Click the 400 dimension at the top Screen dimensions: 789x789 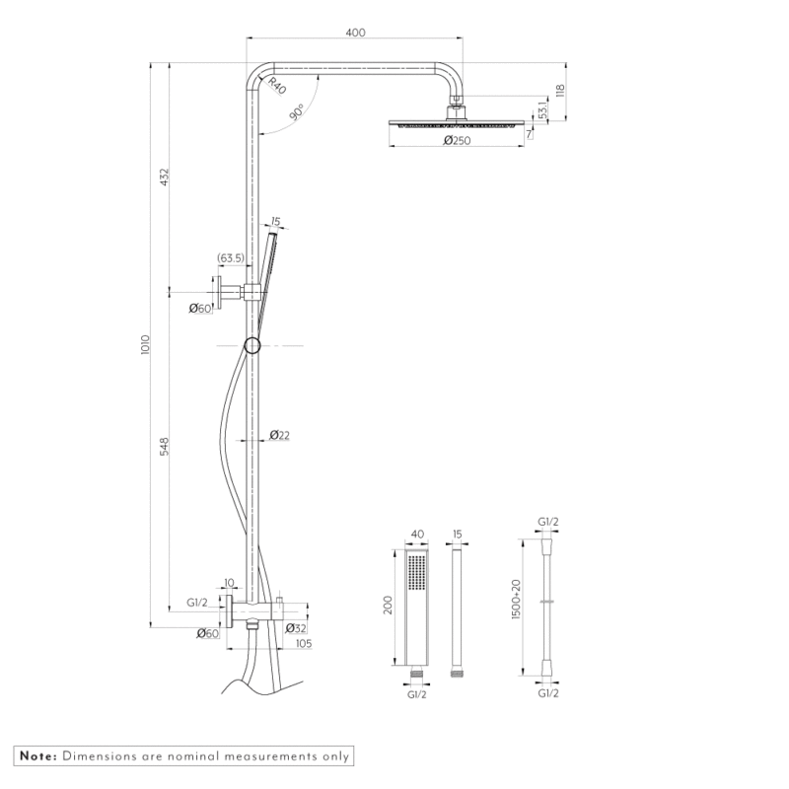pos(356,33)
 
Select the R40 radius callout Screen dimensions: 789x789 pos(275,86)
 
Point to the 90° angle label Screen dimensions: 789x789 pos(297,113)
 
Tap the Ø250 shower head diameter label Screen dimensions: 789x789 pos(456,141)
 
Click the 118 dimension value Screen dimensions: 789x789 pos(559,92)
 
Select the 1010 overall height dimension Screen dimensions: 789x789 pos(145,344)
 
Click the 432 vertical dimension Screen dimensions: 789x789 pos(165,177)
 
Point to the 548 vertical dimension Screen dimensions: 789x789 pos(165,447)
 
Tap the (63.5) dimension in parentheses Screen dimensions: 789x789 pos(231,259)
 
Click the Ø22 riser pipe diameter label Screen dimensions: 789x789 pos(279,435)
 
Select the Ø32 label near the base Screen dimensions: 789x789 pos(296,627)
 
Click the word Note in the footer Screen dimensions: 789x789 pos(36,756)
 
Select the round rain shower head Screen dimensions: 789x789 pos(455,124)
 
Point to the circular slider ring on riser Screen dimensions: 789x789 pos(252,345)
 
